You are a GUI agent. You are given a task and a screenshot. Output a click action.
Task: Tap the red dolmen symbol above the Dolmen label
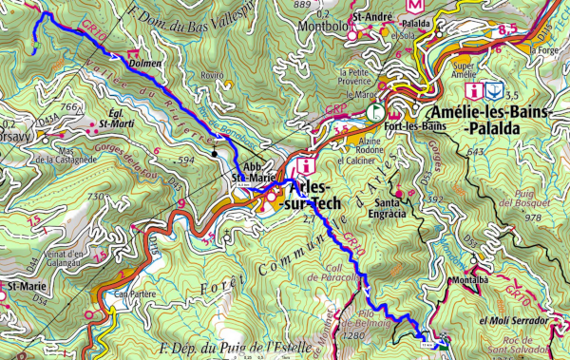point(132,52)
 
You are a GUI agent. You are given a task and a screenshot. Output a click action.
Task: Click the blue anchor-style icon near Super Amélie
point(494,91)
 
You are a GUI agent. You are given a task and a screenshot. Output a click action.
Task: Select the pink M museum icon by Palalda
point(414,5)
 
